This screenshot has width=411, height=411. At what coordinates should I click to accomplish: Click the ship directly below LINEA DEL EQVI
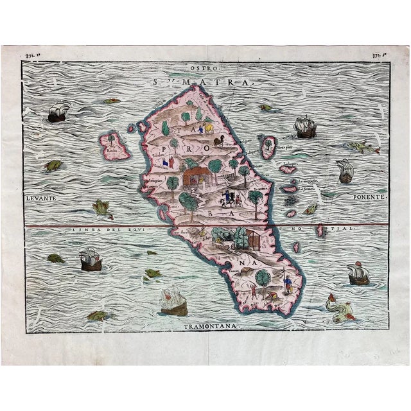(91, 260)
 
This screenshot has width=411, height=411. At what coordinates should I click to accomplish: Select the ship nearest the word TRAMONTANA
(173, 301)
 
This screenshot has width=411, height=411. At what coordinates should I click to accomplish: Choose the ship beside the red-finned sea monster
(358, 275)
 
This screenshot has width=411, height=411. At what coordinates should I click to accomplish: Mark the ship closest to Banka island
(58, 112)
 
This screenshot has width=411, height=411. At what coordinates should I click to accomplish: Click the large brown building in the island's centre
(196, 175)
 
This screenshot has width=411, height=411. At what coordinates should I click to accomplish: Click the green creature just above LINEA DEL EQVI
(100, 207)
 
